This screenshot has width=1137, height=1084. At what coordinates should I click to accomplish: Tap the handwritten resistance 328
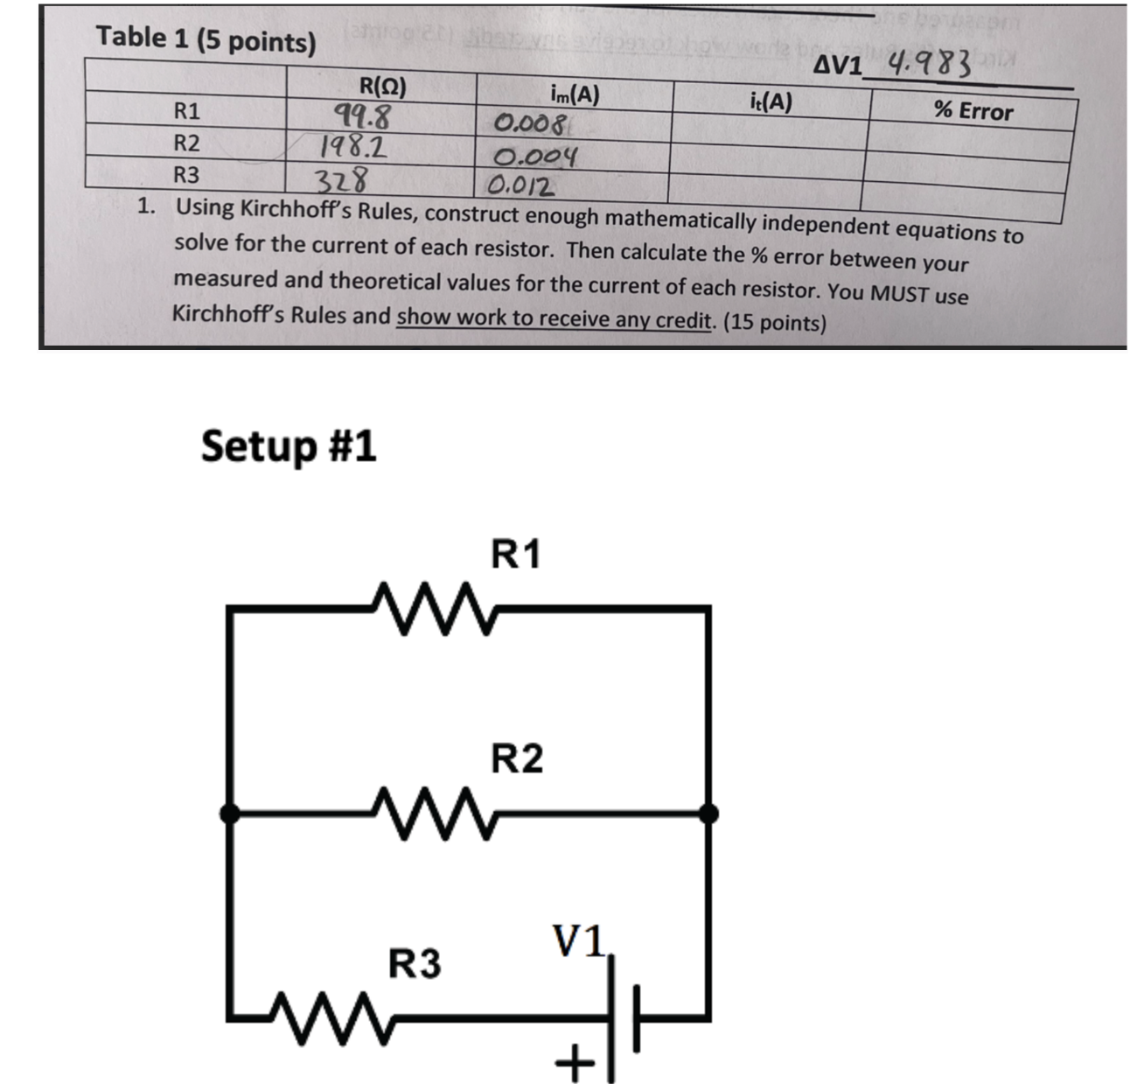click(341, 180)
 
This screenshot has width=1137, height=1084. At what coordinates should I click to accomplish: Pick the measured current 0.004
click(535, 157)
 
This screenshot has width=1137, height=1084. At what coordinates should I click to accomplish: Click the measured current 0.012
click(520, 186)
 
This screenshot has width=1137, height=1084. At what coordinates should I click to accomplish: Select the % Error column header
click(973, 111)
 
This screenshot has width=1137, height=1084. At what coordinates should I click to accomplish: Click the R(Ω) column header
click(382, 87)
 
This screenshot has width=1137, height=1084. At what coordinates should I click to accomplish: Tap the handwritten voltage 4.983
click(929, 64)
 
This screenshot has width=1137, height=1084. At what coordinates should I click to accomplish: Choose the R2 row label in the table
click(186, 143)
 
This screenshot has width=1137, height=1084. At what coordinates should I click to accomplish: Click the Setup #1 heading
click(289, 446)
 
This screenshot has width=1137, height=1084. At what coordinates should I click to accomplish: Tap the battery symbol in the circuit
click(624, 1018)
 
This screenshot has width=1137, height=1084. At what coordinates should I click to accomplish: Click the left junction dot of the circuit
click(229, 814)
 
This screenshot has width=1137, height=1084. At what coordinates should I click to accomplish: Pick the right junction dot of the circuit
click(708, 814)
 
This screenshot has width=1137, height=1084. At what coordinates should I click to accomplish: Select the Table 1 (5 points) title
click(206, 39)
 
